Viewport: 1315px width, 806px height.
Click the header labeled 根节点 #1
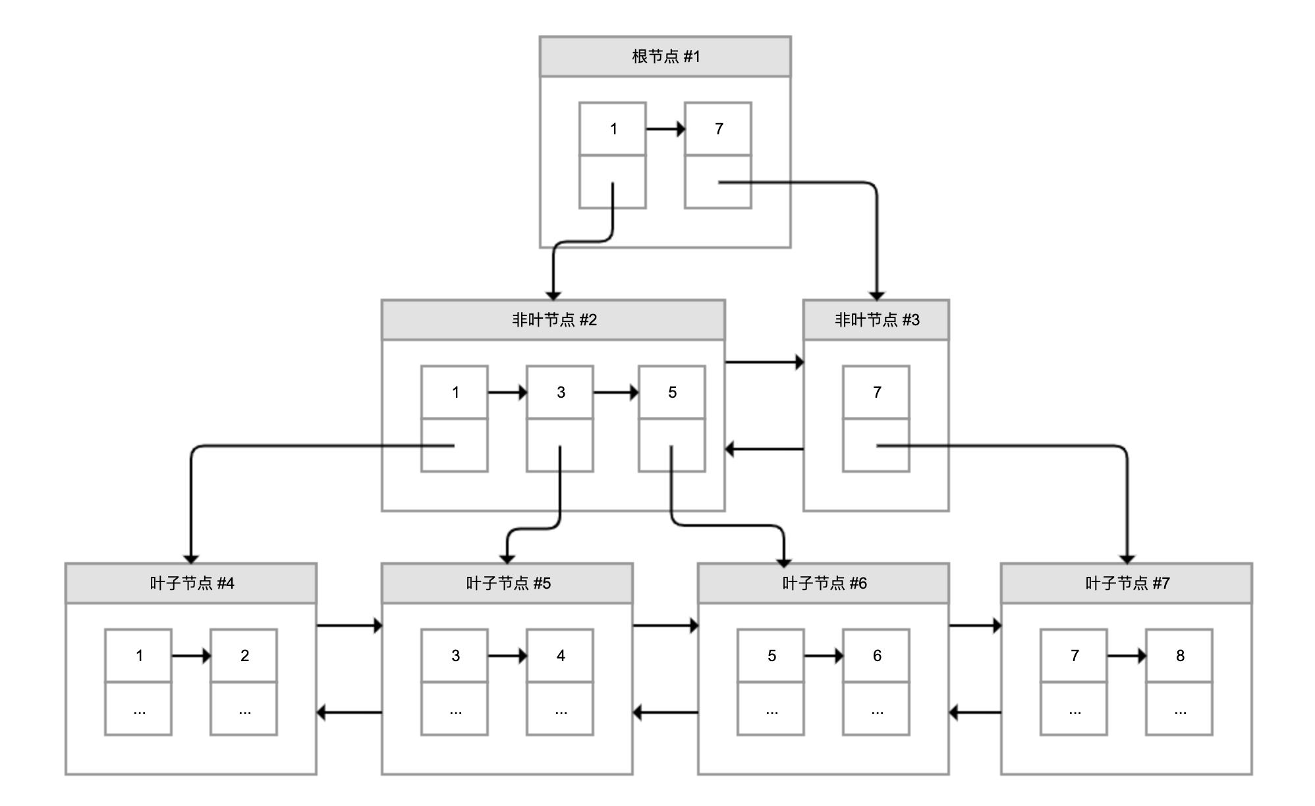point(665,57)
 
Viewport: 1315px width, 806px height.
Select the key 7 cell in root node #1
point(717,129)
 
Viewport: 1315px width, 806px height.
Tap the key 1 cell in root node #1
point(612,129)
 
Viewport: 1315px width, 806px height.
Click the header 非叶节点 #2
point(553,320)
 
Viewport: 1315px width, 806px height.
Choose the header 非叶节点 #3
point(876,320)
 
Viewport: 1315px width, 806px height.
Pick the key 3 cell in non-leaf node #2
point(559,392)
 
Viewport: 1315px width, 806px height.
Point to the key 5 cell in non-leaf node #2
point(671,392)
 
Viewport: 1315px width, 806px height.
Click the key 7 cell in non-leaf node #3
point(876,392)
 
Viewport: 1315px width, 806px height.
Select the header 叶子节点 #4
point(190,583)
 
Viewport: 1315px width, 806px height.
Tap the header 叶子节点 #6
point(823,583)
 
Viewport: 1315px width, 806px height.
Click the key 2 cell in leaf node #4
point(243,656)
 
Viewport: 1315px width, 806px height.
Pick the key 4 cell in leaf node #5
point(559,656)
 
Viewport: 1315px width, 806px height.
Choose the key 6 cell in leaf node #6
point(876,656)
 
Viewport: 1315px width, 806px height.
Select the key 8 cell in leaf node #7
point(1179,656)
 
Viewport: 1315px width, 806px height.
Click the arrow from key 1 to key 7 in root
point(665,129)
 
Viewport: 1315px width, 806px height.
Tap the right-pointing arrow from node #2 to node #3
point(764,362)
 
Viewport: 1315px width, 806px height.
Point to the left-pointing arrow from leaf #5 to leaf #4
point(349,712)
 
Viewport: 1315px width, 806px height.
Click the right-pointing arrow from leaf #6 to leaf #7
point(974,625)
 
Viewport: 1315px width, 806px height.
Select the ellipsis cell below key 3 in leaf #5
point(454,709)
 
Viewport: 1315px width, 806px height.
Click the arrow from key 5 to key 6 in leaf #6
point(823,656)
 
